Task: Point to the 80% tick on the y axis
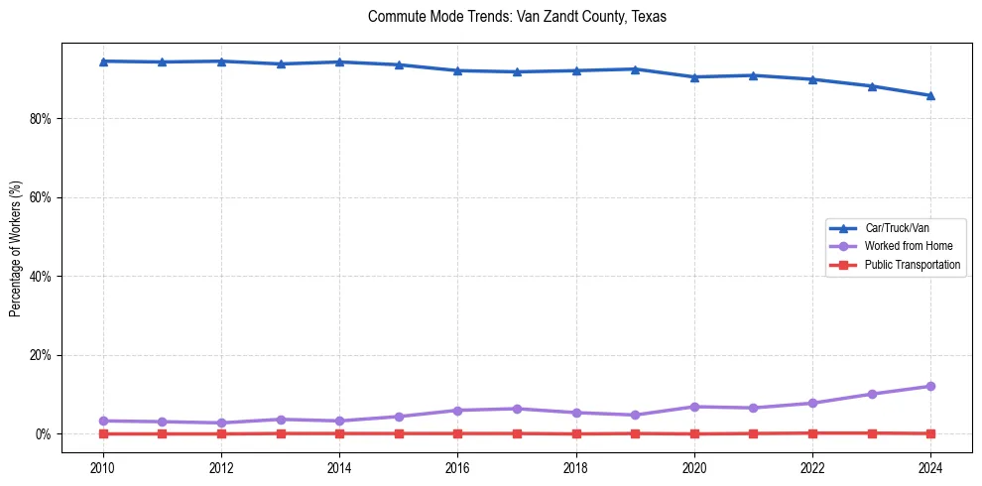pyautogui.click(x=41, y=118)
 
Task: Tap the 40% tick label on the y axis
pyautogui.click(x=41, y=276)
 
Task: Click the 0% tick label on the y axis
pyautogui.click(x=44, y=434)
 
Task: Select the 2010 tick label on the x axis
pyautogui.click(x=103, y=466)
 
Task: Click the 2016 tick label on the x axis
pyautogui.click(x=457, y=466)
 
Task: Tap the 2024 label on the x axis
pyautogui.click(x=930, y=466)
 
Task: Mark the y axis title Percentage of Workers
pyautogui.click(x=16, y=249)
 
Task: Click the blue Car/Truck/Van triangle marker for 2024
pyautogui.click(x=930, y=95)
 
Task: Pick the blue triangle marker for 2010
pyautogui.click(x=103, y=61)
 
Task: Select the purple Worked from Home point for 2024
pyautogui.click(x=930, y=386)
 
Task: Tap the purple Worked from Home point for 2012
pyautogui.click(x=221, y=423)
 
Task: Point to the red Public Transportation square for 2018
pyautogui.click(x=576, y=433)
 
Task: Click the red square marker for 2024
pyautogui.click(x=930, y=433)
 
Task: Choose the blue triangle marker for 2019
pyautogui.click(x=635, y=69)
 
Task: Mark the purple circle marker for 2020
pyautogui.click(x=694, y=407)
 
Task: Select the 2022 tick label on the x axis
pyautogui.click(x=812, y=466)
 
